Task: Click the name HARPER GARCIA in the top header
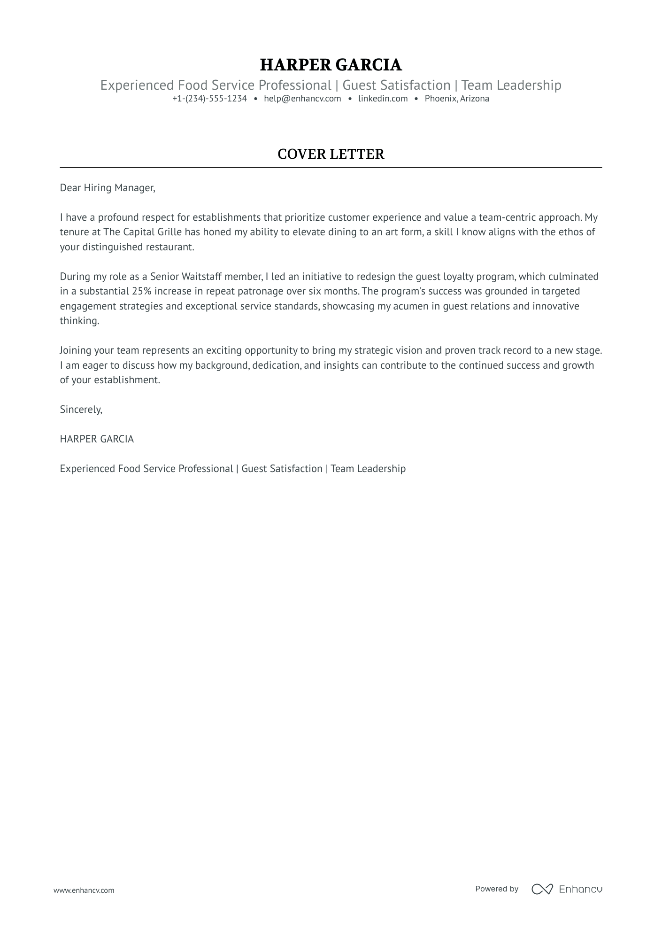pos(331,65)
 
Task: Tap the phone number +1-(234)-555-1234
pos(209,99)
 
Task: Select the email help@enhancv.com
pos(302,99)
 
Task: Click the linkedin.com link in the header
pos(383,99)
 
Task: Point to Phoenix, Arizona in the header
pos(456,99)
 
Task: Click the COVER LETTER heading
pos(331,154)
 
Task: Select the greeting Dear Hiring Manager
pos(107,188)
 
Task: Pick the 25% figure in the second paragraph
pos(142,291)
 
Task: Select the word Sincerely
pos(81,410)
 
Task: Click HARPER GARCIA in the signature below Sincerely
pos(97,439)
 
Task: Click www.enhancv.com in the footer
pos(84,890)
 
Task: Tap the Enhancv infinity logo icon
pos(542,889)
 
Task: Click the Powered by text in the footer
pos(496,889)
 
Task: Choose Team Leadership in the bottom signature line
pos(368,469)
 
